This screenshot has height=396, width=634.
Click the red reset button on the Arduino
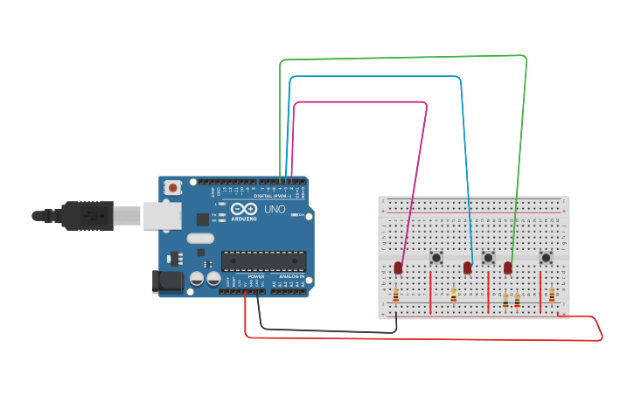(173, 187)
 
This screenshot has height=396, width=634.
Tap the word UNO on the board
(275, 210)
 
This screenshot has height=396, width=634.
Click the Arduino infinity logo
(240, 210)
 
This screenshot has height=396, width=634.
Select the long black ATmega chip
(263, 260)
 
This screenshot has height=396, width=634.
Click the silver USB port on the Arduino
(157, 216)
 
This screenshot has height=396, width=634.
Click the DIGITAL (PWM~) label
(272, 196)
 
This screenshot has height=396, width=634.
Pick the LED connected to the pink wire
(398, 267)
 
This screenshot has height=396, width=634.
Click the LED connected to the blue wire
(468, 267)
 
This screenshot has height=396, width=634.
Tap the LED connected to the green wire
(508, 267)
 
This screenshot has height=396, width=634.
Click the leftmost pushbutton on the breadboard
(436, 257)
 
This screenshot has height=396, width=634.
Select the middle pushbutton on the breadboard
(488, 257)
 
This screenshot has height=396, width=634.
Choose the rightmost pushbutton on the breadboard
(546, 257)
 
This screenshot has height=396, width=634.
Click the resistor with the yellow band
(453, 295)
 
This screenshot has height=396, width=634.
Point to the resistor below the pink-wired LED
(396, 295)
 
